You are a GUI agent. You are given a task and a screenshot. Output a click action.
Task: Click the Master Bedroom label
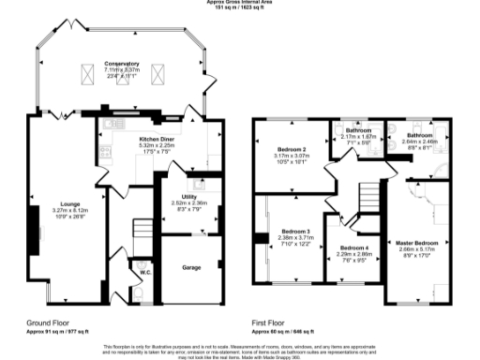(415, 242)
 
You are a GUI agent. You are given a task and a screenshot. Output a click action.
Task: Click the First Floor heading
(271, 322)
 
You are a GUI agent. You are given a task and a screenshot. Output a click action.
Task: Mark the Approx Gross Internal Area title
(240, 3)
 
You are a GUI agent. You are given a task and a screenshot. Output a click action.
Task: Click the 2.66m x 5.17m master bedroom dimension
(415, 248)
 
